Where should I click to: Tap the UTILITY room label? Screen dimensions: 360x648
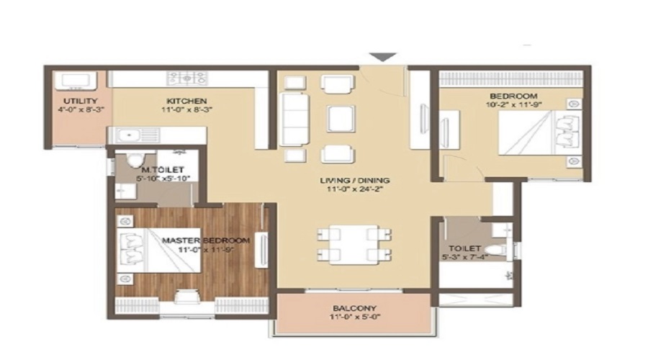[76, 100]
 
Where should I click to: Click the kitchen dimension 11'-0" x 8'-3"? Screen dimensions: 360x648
[186, 110]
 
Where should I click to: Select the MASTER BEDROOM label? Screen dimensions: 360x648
[205, 240]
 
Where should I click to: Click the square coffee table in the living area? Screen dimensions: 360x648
[340, 117]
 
